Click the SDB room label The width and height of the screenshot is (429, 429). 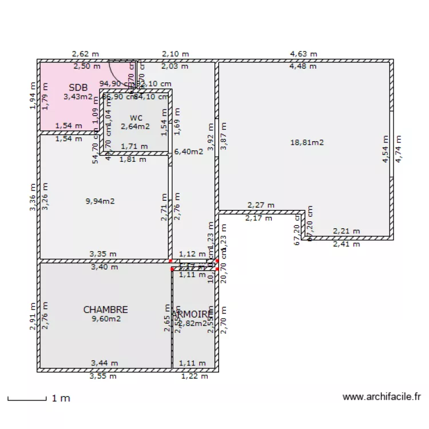coord(78,88)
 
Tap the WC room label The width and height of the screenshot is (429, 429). coord(135,118)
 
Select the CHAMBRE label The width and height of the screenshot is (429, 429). coord(105,309)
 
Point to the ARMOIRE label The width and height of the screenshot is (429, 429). coord(193,315)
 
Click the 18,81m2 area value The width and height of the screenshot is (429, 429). coord(307,142)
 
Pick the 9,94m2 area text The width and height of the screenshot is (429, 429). coord(100,201)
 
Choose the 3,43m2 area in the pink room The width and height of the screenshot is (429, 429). coord(78,97)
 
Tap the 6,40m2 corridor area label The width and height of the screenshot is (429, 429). coord(189,152)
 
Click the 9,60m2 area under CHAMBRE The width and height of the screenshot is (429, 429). coord(106,319)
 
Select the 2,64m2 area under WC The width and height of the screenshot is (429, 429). coord(135,126)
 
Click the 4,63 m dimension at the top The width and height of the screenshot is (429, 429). coord(303,54)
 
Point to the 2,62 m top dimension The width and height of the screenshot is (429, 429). coord(85,54)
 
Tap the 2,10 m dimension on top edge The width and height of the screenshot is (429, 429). coord(175,54)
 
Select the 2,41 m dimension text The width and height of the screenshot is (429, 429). coord(347,244)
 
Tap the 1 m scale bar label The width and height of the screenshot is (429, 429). coord(61,398)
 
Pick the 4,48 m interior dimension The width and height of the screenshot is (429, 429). coord(303,66)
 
